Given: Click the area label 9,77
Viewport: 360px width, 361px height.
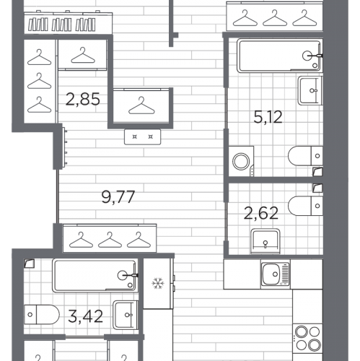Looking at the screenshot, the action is click(x=118, y=197).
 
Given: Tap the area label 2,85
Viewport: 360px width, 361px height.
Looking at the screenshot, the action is click(x=82, y=99).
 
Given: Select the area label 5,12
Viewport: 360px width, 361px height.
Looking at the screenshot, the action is click(x=268, y=117).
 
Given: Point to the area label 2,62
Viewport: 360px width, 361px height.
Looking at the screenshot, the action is click(x=261, y=213).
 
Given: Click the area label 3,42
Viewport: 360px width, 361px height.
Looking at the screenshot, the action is click(x=85, y=316).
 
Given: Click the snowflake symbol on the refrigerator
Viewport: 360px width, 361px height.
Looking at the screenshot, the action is click(x=158, y=283).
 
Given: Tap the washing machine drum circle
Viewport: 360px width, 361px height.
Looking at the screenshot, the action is click(x=241, y=161).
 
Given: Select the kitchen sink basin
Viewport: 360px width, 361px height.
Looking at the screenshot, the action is click(x=272, y=274).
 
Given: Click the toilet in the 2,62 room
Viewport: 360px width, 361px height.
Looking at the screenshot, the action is click(x=305, y=206).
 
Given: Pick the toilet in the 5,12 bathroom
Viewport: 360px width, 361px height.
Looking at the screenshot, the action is click(x=305, y=156).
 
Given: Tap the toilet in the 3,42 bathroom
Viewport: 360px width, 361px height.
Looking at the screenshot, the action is click(x=42, y=315).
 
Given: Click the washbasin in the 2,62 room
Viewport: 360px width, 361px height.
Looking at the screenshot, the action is click(x=265, y=241).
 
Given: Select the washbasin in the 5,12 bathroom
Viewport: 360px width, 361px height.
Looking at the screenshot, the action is click(x=310, y=90).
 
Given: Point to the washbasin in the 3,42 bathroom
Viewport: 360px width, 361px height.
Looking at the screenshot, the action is click(x=126, y=315).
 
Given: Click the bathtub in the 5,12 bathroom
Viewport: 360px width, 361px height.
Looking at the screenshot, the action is click(x=279, y=56).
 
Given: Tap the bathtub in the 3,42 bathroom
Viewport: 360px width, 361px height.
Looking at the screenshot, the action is click(x=95, y=276).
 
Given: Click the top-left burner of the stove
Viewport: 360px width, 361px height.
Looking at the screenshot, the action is click(x=302, y=332).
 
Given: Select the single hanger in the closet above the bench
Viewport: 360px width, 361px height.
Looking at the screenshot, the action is click(x=141, y=106).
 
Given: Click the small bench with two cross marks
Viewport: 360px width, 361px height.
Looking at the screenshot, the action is click(x=142, y=137).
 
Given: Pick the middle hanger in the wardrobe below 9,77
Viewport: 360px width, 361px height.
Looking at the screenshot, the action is click(x=110, y=240).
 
